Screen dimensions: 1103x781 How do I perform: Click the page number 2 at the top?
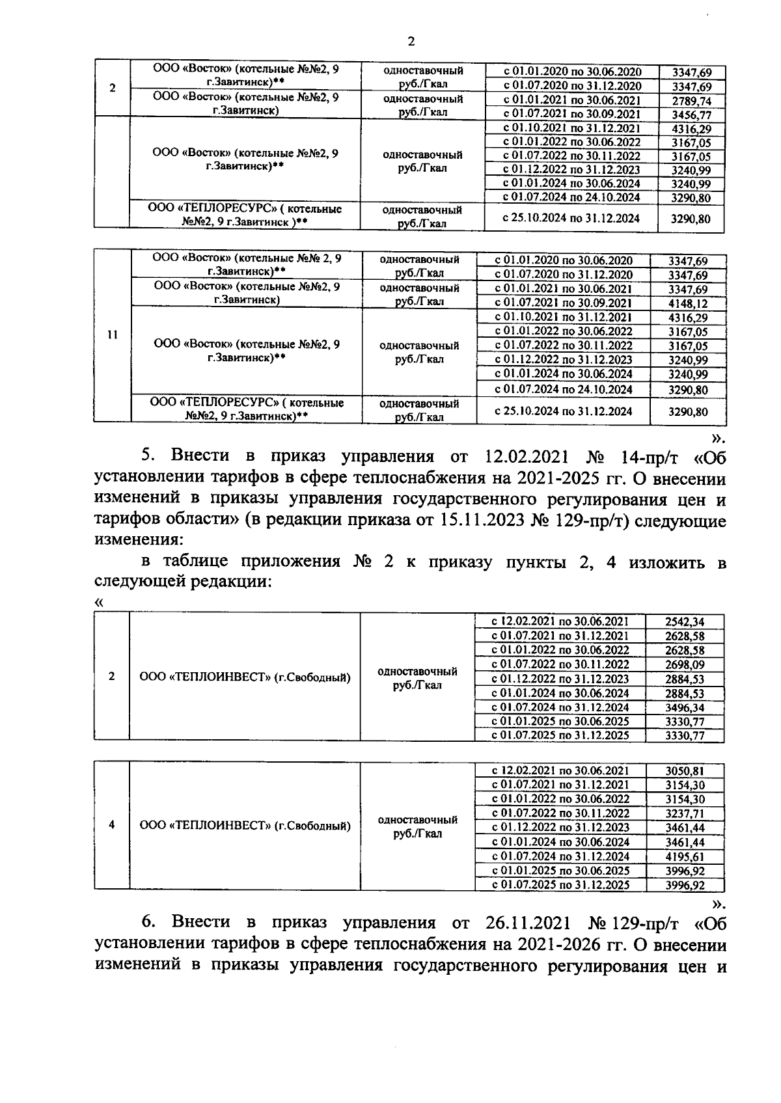(411, 42)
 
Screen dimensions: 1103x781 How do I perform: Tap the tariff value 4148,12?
(688, 303)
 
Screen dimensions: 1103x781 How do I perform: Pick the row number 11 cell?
(112, 335)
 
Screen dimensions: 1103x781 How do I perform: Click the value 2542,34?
(685, 621)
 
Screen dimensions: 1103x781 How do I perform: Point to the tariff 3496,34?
(685, 707)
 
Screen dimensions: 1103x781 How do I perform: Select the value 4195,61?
(685, 856)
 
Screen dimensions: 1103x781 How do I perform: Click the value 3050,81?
(685, 770)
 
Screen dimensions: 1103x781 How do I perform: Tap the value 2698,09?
(685, 664)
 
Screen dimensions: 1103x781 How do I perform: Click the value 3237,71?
(685, 813)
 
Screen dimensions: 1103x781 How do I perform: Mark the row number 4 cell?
(112, 824)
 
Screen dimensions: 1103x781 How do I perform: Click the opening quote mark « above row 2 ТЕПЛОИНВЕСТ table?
(99, 603)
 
